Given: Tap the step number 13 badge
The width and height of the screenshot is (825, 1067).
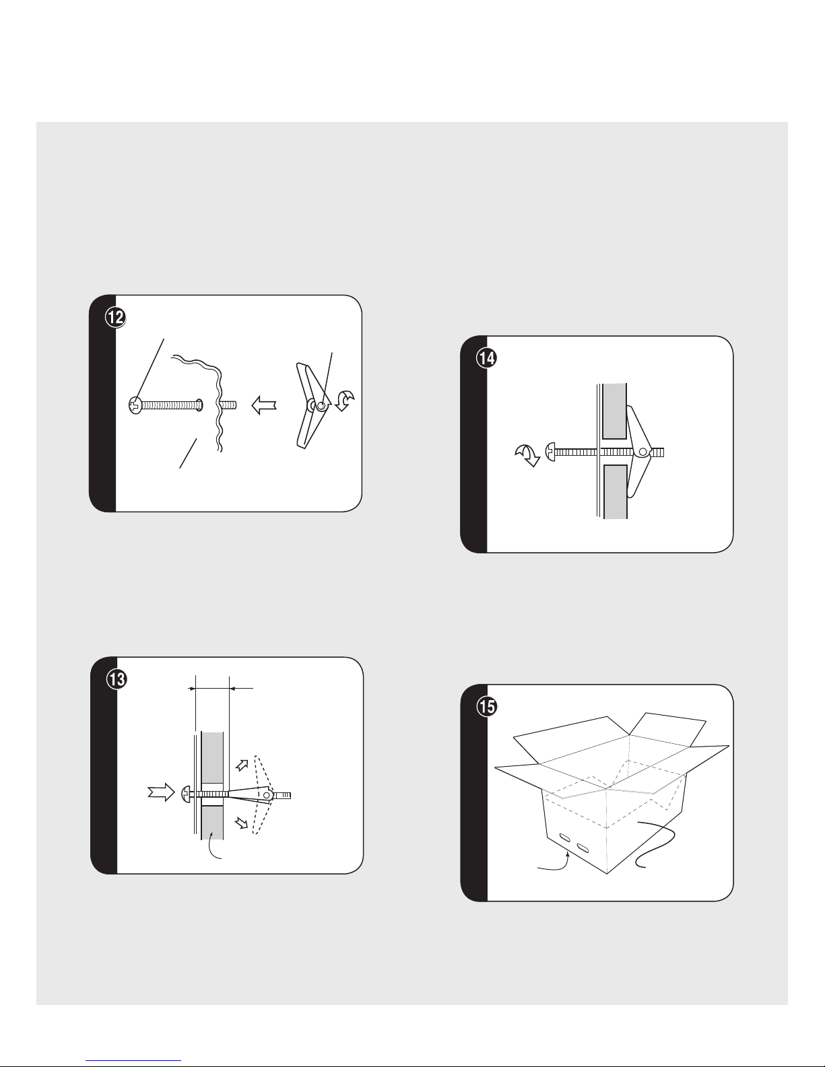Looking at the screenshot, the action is [117, 679].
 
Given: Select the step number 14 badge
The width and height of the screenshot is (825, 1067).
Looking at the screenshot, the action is [487, 358].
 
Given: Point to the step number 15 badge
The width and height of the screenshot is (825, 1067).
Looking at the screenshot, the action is [487, 707].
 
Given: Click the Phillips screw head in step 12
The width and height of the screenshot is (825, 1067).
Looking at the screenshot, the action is [135, 405].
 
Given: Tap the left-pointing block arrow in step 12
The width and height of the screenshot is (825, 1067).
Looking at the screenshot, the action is [264, 405].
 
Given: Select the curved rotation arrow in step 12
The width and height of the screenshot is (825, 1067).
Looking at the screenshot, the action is [345, 401].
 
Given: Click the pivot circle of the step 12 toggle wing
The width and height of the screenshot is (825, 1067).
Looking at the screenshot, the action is [321, 406].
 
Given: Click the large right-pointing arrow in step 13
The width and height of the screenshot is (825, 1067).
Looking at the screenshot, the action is [161, 792].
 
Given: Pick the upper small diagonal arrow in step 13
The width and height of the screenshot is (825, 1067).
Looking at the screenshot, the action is [242, 765].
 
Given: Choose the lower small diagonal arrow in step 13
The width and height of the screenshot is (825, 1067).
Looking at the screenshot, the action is [242, 823].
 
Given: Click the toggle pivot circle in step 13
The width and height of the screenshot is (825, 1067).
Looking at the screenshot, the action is [267, 794].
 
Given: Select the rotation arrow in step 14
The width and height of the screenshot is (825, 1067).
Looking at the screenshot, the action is [527, 455].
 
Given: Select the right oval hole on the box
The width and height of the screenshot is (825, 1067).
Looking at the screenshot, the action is [583, 847].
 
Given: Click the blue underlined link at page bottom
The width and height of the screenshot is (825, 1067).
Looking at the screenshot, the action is [133, 1060].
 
